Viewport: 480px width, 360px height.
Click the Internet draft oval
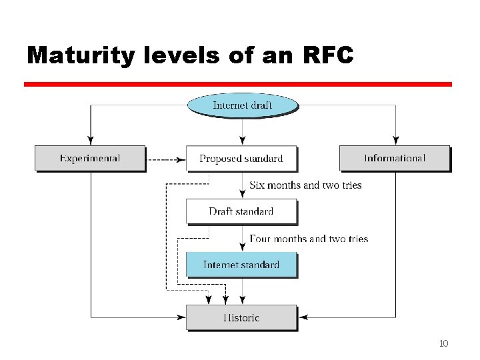pyautogui.click(x=241, y=105)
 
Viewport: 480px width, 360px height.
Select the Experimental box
pyautogui.click(x=90, y=159)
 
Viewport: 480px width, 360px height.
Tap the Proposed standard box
pyautogui.click(x=241, y=159)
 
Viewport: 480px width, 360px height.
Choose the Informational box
pyautogui.click(x=395, y=159)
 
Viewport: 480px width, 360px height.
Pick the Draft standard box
pyautogui.click(x=241, y=211)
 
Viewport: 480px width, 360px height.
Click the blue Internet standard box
pyautogui.click(x=241, y=265)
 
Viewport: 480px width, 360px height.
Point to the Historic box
pyautogui.click(x=241, y=317)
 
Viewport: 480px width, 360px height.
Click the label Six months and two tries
pyautogui.click(x=305, y=185)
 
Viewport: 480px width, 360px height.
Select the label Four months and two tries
pyautogui.click(x=309, y=238)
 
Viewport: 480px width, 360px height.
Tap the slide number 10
pyautogui.click(x=443, y=343)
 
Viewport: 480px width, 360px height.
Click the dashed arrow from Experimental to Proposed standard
pyautogui.click(x=165, y=159)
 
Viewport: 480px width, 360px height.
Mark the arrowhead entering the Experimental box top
pyautogui.click(x=90, y=141)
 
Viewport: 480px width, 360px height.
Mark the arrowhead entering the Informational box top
pyautogui.click(x=396, y=141)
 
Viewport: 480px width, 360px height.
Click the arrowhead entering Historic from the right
pyautogui.click(x=303, y=317)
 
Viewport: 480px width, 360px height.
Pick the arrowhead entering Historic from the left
pyautogui.click(x=181, y=317)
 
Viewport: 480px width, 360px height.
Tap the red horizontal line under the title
pyautogui.click(x=238, y=85)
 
